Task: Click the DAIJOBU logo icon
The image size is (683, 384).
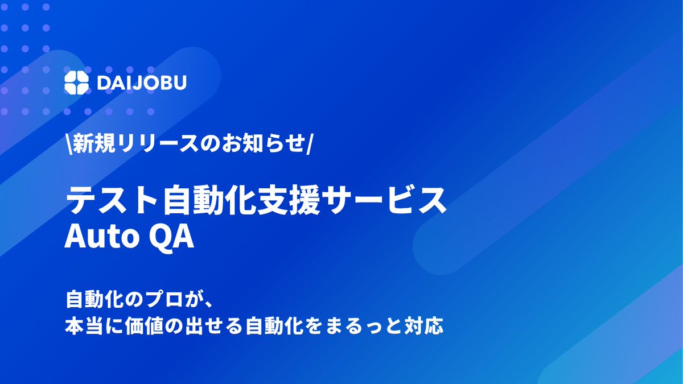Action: (x=77, y=82)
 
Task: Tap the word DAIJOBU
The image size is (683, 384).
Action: (x=142, y=82)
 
